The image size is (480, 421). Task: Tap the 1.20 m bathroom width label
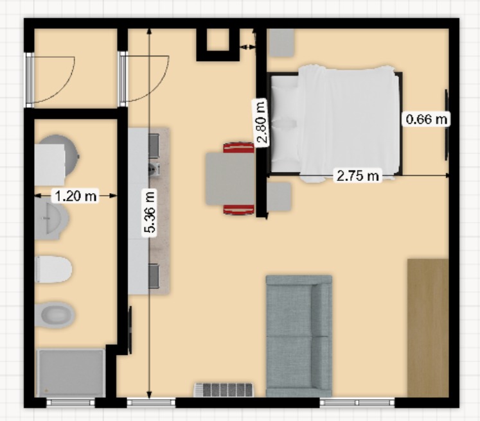point(75,196)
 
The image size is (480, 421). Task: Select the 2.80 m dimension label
point(261,122)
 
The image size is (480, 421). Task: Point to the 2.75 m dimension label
point(357,175)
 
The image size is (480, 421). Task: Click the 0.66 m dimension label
point(427,119)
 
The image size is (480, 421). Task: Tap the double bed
point(336,124)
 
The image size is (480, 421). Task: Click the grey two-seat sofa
point(299,336)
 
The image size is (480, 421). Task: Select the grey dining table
point(230,179)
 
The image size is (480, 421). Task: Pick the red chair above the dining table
point(239,148)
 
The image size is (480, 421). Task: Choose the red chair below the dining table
point(239,209)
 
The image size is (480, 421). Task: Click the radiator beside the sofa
point(224,390)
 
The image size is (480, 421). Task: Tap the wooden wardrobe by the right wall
point(428,328)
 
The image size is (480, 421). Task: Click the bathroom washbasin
point(51,218)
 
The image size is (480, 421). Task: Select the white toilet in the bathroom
point(53,270)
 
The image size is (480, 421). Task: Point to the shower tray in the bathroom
point(71,373)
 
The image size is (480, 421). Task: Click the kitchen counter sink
point(154,168)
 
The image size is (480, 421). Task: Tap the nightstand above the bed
point(281,43)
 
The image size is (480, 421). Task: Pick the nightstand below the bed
point(279,196)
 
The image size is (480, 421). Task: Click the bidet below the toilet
point(55,315)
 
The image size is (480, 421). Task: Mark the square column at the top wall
point(218,44)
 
